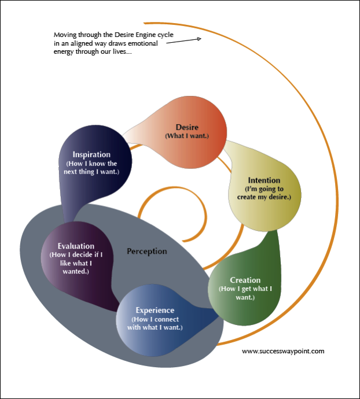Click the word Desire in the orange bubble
[x=187, y=127]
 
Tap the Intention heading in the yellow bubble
[x=264, y=180]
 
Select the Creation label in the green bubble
[x=245, y=280]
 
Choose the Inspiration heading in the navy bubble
[x=91, y=154]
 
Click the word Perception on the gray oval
[x=147, y=251]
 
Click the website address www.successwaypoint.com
[x=282, y=350]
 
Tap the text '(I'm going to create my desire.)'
[x=264, y=193]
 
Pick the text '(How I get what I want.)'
[x=245, y=293]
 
